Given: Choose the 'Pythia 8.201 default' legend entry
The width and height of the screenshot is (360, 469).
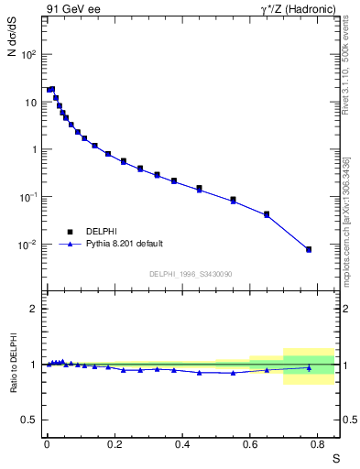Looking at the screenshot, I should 124,244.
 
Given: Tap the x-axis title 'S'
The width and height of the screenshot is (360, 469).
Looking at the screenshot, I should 335,456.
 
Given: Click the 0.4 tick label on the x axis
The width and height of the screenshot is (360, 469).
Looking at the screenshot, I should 182,443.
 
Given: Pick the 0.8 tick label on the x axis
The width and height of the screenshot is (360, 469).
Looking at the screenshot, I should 318,443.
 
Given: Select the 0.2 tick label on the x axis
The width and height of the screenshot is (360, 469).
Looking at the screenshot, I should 115,443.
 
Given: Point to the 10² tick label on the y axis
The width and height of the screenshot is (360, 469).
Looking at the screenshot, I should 29,54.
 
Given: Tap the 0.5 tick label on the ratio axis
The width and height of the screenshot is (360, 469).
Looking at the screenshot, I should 29,420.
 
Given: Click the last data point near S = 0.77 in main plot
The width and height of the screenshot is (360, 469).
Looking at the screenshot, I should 309,249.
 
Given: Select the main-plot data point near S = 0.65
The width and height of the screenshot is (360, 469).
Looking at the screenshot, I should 267,214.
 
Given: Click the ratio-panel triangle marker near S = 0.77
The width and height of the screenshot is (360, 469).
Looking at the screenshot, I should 309,368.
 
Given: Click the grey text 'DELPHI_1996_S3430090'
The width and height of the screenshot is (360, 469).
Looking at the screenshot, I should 191,274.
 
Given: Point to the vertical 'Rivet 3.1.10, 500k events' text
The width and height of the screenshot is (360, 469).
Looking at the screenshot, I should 345,69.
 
